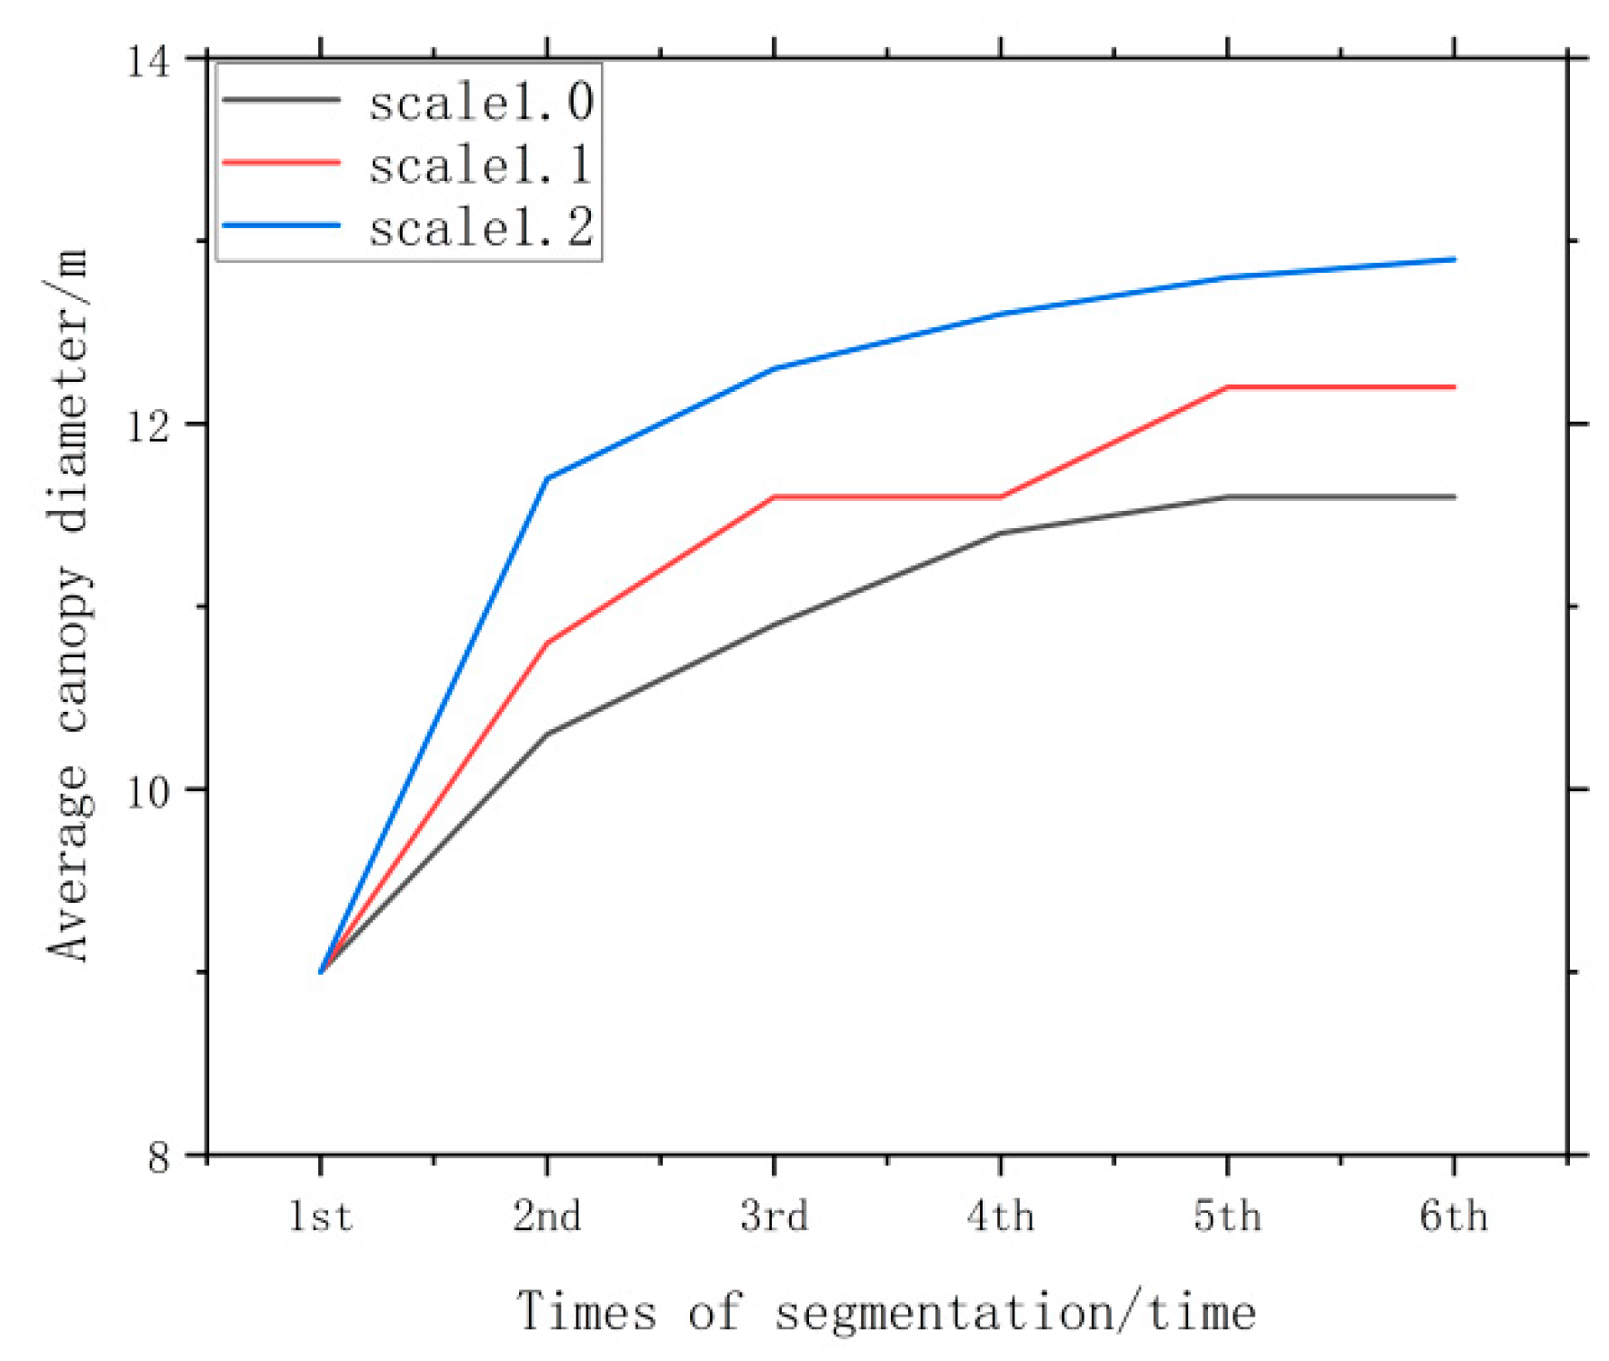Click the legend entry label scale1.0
(x=481, y=101)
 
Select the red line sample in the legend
(x=281, y=163)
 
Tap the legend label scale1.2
(x=481, y=226)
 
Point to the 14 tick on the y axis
(x=148, y=62)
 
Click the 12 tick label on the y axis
(x=148, y=426)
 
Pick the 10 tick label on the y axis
(x=148, y=792)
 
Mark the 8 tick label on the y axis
(x=159, y=1157)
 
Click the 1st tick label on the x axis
(x=320, y=1216)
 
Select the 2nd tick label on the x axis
(x=546, y=1216)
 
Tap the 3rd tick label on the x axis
(x=774, y=1216)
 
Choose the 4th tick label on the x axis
(x=1000, y=1216)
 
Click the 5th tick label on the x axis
(x=1227, y=1216)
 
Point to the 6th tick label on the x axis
(x=1454, y=1216)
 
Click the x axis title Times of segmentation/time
(x=886, y=1312)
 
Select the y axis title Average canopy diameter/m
(x=68, y=605)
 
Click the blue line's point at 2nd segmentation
(x=547, y=478)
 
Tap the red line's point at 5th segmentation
(x=1227, y=387)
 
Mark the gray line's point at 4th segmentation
(x=1000, y=533)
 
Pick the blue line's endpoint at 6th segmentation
(x=1454, y=260)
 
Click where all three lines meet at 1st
(x=321, y=972)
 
